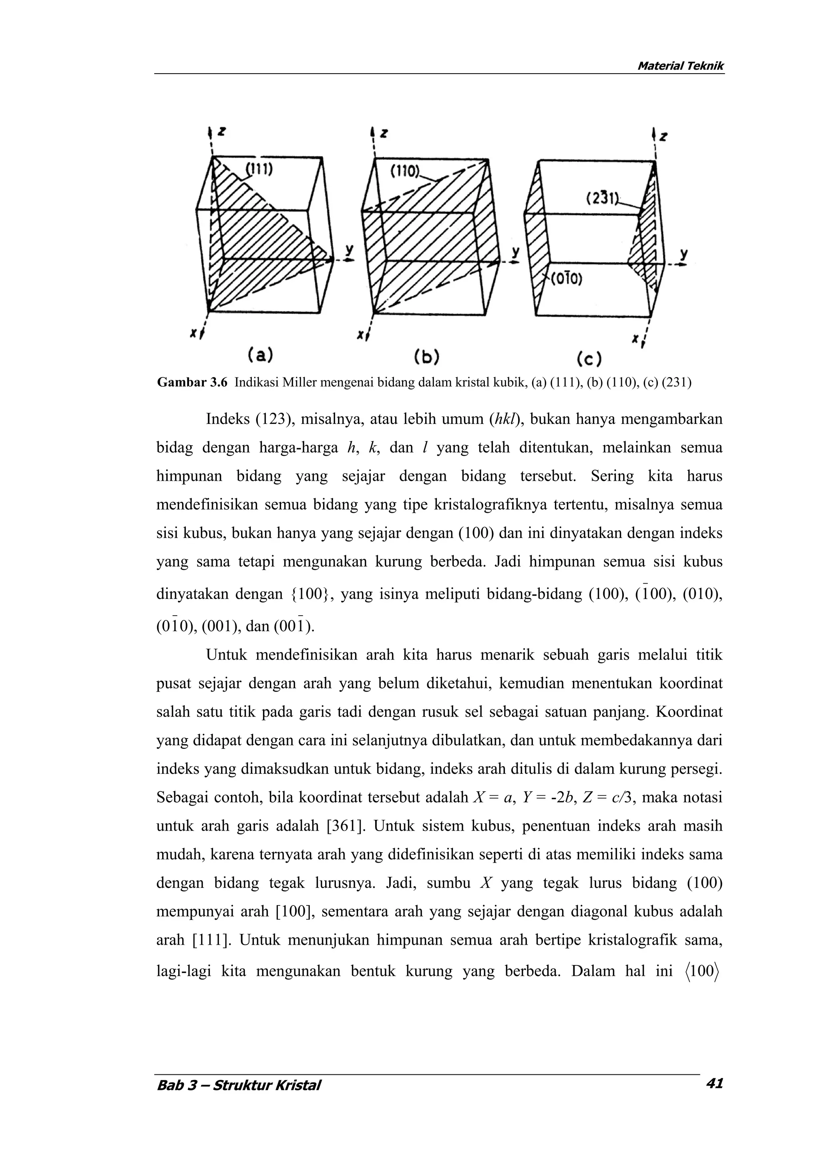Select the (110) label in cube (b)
tap(405, 172)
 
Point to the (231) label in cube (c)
tap(603, 199)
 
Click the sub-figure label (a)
tap(260, 356)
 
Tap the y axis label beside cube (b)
tap(515, 251)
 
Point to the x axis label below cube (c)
tap(635, 340)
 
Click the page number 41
tap(714, 1083)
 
